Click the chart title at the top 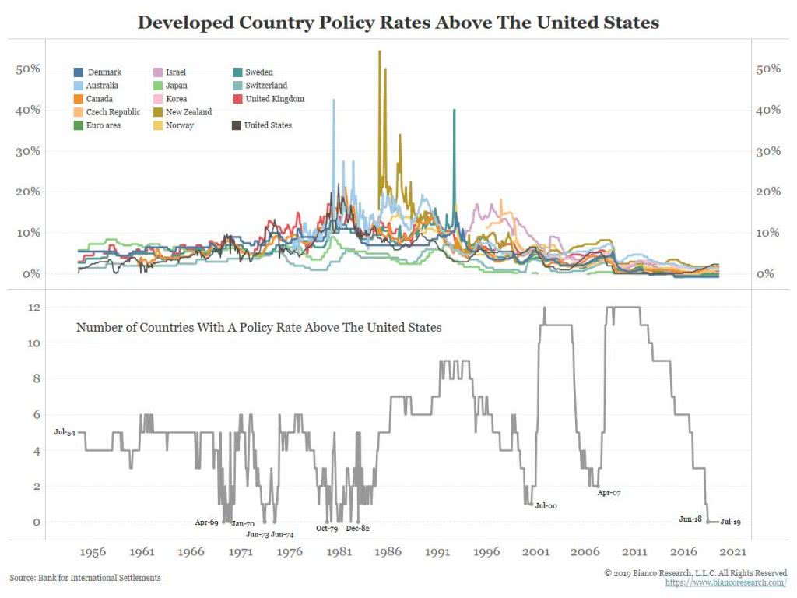coord(398,23)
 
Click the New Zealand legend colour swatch coord(160,112)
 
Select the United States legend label coord(268,125)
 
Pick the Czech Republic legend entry coord(114,112)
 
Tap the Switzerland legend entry coord(265,86)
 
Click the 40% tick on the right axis coord(768,110)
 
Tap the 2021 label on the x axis coord(733,551)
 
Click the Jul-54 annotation coord(65,431)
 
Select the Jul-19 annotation coord(730,522)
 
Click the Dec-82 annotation coord(357,529)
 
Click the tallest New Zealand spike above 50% coord(379,53)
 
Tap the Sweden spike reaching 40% coord(454,111)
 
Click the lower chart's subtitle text coord(258,328)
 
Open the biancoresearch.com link coord(725,582)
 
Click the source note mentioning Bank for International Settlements coord(85,578)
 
